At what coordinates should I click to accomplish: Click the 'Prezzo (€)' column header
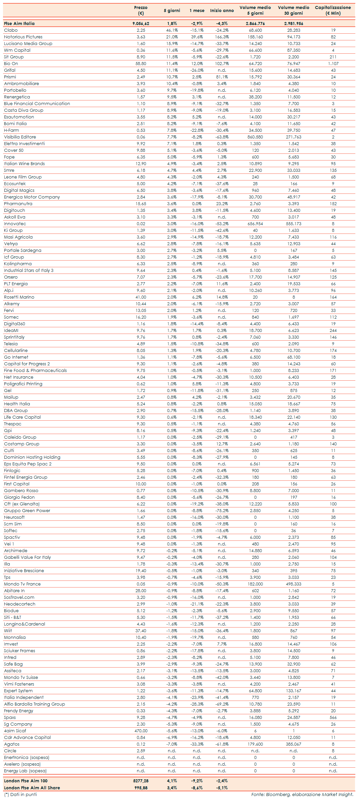141,10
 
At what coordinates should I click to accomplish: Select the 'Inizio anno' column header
222,11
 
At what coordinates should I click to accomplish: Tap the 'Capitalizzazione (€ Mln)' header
333,10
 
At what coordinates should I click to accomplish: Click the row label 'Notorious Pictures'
23,37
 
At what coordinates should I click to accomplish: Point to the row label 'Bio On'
11,64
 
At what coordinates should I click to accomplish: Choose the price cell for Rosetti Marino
141,297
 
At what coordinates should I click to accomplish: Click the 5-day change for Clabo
172,30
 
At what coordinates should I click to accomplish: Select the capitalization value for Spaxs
333,718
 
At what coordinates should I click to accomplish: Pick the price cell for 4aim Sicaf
141,731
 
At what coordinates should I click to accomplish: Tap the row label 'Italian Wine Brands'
24,164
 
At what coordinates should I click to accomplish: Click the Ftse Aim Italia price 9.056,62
141,24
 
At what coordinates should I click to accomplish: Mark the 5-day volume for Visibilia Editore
255,137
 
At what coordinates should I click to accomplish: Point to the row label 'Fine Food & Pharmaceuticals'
35,371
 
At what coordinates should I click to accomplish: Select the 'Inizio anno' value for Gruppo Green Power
222,511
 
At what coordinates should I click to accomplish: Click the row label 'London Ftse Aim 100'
26,781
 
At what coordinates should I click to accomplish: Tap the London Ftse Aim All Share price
141,788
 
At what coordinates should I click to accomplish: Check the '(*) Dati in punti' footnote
20,795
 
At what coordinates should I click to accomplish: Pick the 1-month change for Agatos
197,744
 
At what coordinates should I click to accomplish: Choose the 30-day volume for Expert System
294,691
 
